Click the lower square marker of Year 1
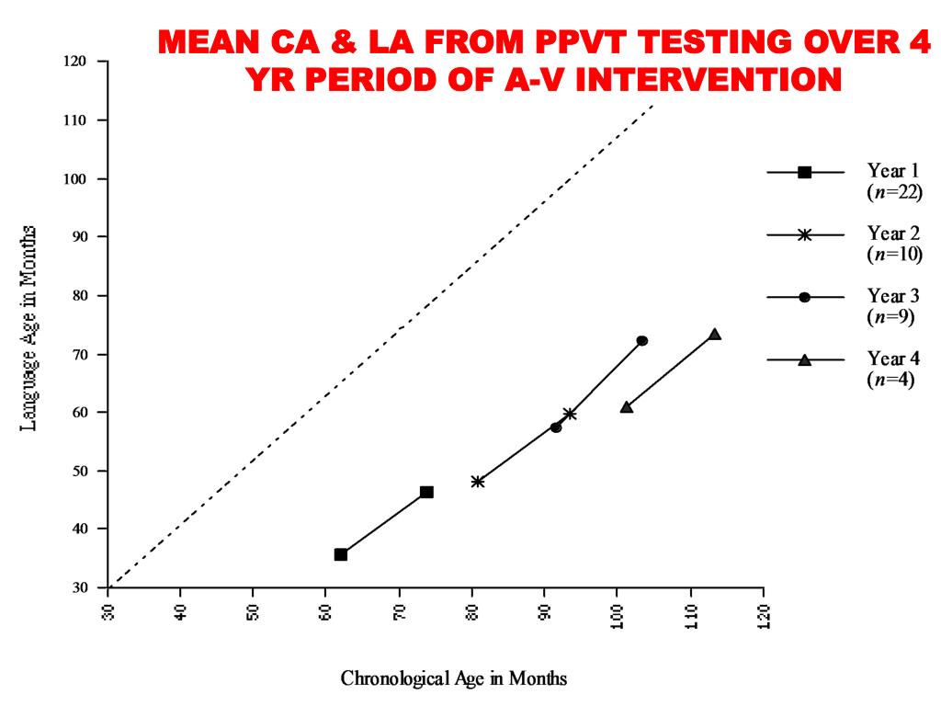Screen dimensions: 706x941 pos(341,554)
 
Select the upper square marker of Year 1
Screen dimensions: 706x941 pos(426,492)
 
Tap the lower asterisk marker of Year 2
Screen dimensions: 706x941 pos(478,482)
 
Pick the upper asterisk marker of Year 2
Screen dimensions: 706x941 pos(570,414)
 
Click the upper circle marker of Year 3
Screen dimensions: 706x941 pos(642,341)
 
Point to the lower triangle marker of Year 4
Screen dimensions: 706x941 pos(627,406)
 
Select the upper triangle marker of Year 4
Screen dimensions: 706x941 pos(714,334)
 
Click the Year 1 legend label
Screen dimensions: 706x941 pos(893,170)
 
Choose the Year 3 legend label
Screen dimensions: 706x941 pos(893,296)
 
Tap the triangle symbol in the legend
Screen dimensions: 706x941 pos(805,359)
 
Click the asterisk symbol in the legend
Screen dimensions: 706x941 pos(805,234)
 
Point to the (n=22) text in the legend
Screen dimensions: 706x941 pos(894,191)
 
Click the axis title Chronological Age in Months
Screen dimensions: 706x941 pos(454,679)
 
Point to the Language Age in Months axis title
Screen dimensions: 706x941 pos(28,327)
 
